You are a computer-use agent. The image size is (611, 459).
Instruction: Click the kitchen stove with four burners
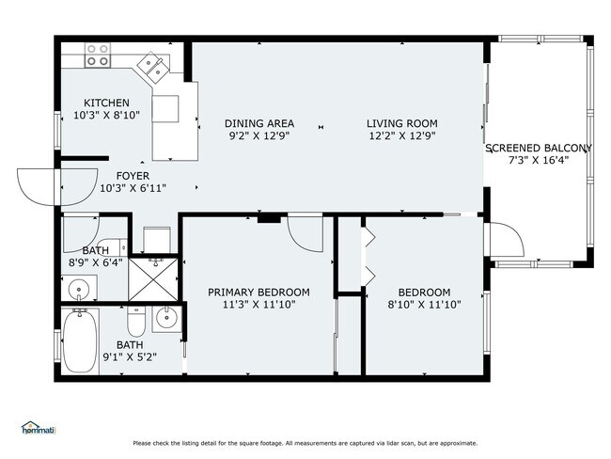(x=96, y=55)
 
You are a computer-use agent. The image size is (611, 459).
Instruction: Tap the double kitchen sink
(x=152, y=66)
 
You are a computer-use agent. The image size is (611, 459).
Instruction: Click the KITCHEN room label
(x=106, y=103)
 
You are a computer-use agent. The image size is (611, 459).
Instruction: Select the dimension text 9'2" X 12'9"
(x=258, y=135)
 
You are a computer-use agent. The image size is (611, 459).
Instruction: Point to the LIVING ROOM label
(x=401, y=123)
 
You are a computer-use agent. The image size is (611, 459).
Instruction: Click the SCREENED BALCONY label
(x=539, y=149)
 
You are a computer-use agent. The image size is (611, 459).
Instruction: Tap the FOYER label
(x=133, y=176)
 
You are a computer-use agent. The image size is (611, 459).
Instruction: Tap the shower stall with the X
(x=151, y=279)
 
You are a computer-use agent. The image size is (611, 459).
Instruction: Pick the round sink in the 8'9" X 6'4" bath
(x=78, y=289)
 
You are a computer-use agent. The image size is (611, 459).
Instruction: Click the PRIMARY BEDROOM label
(x=258, y=293)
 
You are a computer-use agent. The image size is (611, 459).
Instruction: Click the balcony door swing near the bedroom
(x=506, y=243)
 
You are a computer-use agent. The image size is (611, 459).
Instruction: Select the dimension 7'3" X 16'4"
(x=539, y=161)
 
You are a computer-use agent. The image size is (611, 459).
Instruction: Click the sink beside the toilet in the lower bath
(x=165, y=319)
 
